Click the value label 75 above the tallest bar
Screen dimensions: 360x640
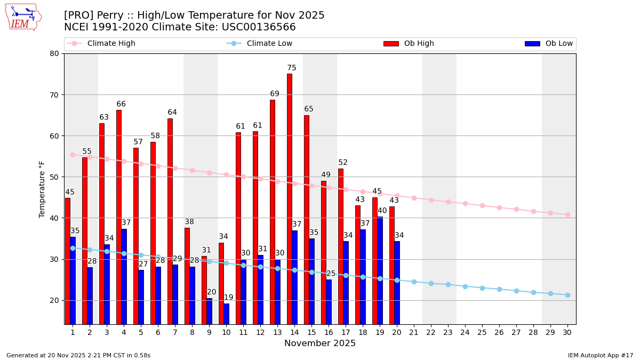click(x=292, y=68)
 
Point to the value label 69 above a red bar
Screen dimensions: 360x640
click(x=275, y=94)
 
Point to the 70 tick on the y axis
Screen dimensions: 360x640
click(x=54, y=95)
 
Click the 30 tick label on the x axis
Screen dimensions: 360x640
click(x=567, y=332)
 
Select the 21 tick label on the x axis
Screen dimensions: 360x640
click(x=413, y=332)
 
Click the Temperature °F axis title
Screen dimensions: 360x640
click(x=42, y=189)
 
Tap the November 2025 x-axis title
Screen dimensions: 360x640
click(x=320, y=343)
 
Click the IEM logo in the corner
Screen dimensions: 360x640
click(x=23, y=17)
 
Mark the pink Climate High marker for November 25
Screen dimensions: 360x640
click(x=482, y=205)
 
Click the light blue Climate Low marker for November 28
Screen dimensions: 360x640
click(x=533, y=292)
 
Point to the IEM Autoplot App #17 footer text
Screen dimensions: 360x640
click(x=600, y=355)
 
